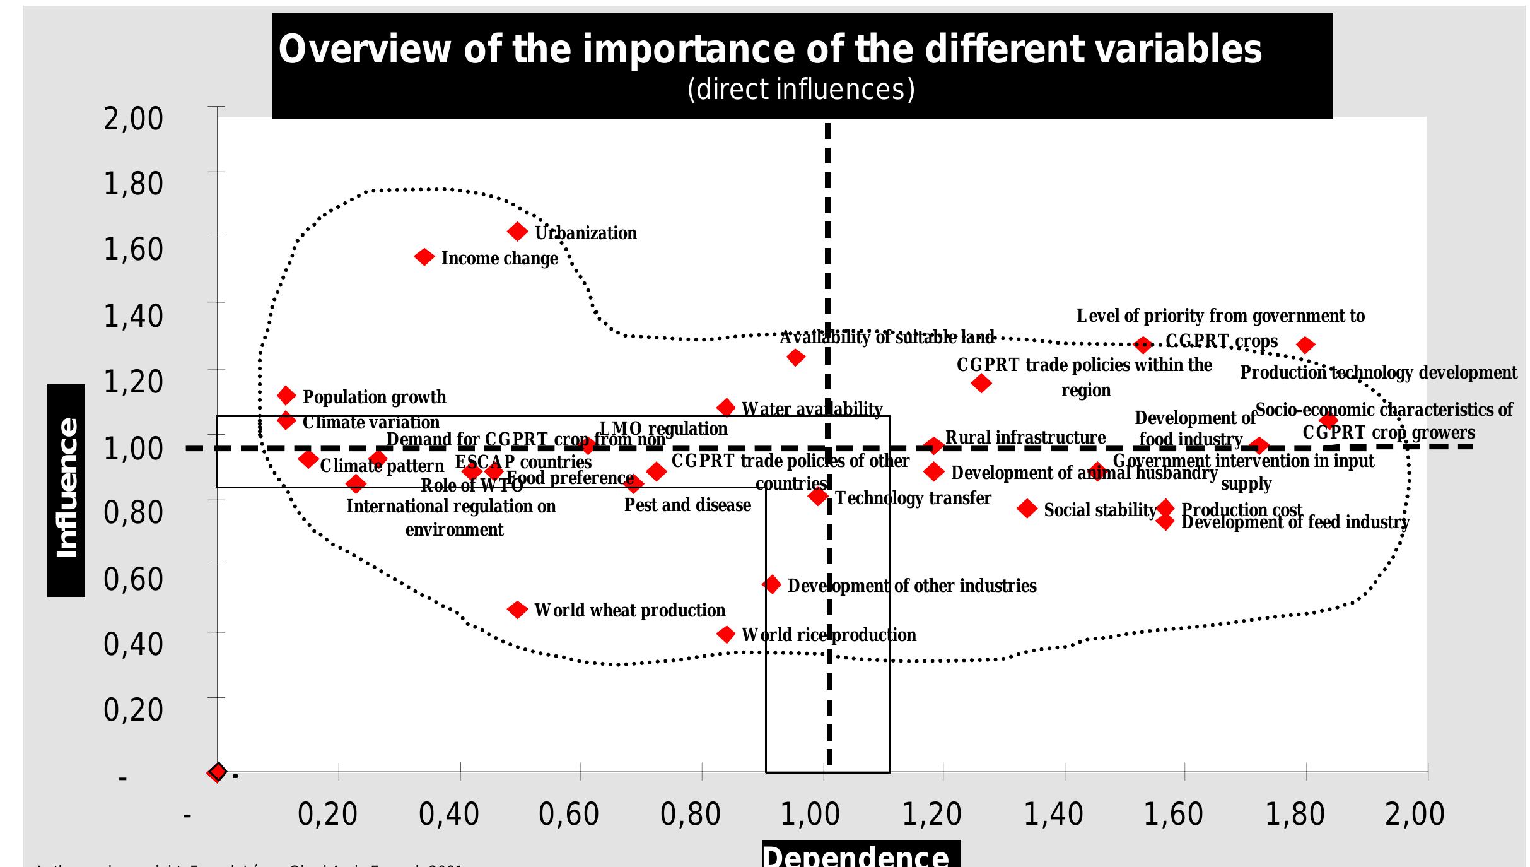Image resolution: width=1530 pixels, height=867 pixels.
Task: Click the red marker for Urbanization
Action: point(517,232)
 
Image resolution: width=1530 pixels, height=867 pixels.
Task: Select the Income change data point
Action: point(424,257)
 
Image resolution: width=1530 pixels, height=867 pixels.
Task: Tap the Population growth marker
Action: point(286,396)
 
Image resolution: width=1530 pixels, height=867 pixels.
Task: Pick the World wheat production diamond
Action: point(517,610)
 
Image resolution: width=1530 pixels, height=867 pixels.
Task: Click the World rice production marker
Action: point(726,634)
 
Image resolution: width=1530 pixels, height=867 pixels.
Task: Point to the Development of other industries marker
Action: point(771,584)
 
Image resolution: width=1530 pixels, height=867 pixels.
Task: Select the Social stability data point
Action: point(1027,508)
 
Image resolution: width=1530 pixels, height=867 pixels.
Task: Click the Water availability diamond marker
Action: point(726,408)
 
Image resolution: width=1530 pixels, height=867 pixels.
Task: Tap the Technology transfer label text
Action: point(913,498)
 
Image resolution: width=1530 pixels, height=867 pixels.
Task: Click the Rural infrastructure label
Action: point(1025,437)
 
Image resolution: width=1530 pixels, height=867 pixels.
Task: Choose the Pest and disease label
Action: point(687,505)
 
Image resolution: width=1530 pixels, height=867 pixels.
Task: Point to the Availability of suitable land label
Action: point(886,338)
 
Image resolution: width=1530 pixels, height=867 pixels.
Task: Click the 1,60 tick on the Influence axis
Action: point(133,249)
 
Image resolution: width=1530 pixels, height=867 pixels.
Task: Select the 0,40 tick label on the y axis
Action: point(133,644)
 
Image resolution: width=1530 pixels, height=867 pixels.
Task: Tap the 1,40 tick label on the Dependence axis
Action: point(1053,814)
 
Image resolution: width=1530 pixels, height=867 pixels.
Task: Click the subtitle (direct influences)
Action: point(801,89)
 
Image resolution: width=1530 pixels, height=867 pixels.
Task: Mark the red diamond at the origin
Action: point(217,772)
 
